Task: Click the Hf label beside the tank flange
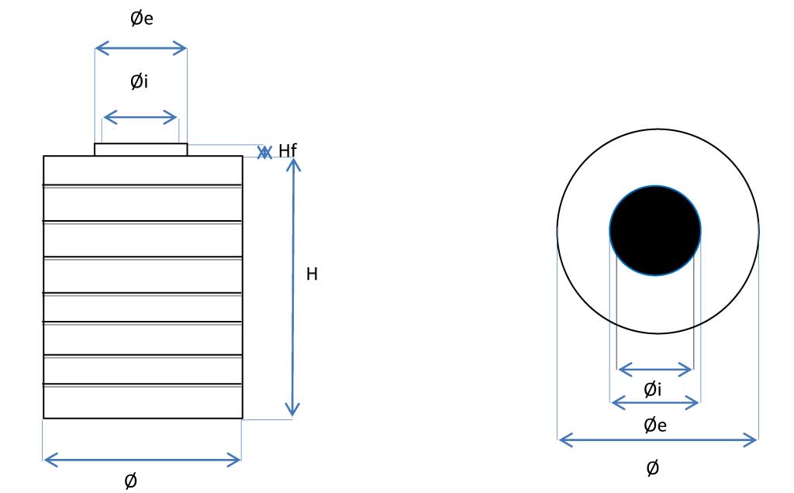288,150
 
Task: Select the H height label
312,274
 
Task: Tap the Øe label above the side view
142,19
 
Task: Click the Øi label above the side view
140,81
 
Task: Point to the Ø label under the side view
130,481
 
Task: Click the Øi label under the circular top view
653,389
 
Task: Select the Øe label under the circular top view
655,425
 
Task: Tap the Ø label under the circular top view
653,468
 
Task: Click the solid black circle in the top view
655,231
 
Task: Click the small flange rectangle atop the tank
141,150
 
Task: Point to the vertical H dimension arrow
292,288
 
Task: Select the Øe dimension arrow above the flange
141,49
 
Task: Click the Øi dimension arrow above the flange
140,118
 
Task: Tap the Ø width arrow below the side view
143,460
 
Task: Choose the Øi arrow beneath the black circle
655,370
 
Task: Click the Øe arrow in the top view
655,403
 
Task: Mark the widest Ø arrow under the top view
658,440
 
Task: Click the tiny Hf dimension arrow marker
264,153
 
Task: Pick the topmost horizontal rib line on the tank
143,186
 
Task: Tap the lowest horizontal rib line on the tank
143,384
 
